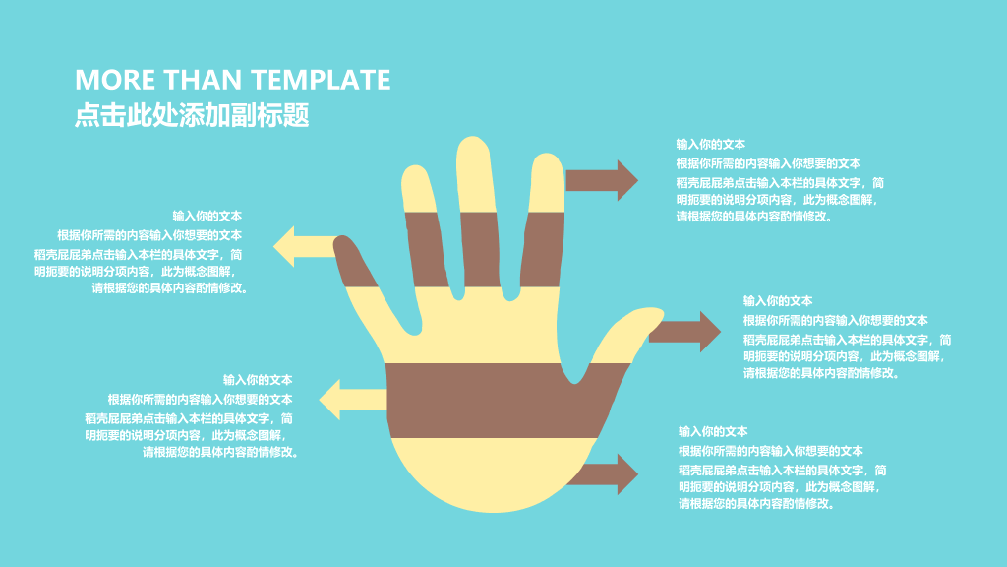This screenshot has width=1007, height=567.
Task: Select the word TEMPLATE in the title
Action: click(320, 80)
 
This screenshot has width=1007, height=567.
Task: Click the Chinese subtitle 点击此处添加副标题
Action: click(192, 115)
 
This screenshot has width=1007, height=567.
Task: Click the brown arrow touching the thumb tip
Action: click(684, 332)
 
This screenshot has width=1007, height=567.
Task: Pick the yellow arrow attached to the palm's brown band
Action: click(353, 400)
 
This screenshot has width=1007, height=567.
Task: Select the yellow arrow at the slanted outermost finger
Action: click(305, 246)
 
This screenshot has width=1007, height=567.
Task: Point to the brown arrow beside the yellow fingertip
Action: click(602, 181)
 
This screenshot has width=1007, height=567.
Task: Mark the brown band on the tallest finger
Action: click(480, 249)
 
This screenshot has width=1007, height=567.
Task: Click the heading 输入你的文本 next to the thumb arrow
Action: click(778, 301)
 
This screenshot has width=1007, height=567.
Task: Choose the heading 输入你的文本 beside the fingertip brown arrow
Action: click(710, 144)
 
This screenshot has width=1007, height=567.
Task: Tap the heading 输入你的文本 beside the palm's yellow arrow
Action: click(258, 380)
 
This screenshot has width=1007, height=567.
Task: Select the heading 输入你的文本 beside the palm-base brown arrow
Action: click(713, 431)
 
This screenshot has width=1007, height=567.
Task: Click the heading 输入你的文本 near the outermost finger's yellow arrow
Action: click(207, 216)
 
